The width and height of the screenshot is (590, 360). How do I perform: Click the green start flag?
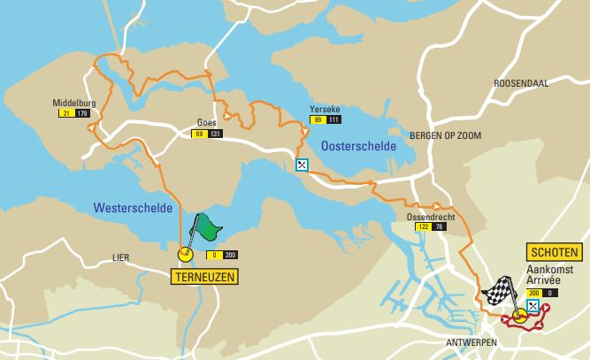(206, 226)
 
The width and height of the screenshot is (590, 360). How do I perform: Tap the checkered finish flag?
(497, 290)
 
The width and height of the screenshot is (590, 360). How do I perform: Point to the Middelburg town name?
(73, 103)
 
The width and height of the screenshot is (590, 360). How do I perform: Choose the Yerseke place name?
(326, 108)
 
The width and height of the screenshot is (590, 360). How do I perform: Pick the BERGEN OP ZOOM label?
(442, 135)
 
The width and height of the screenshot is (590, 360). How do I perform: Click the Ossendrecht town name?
(428, 216)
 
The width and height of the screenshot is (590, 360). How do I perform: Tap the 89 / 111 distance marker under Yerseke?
(326, 119)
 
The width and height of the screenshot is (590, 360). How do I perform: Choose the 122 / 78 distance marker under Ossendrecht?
(429, 227)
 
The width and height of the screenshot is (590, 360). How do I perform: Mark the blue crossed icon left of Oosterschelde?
(302, 164)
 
